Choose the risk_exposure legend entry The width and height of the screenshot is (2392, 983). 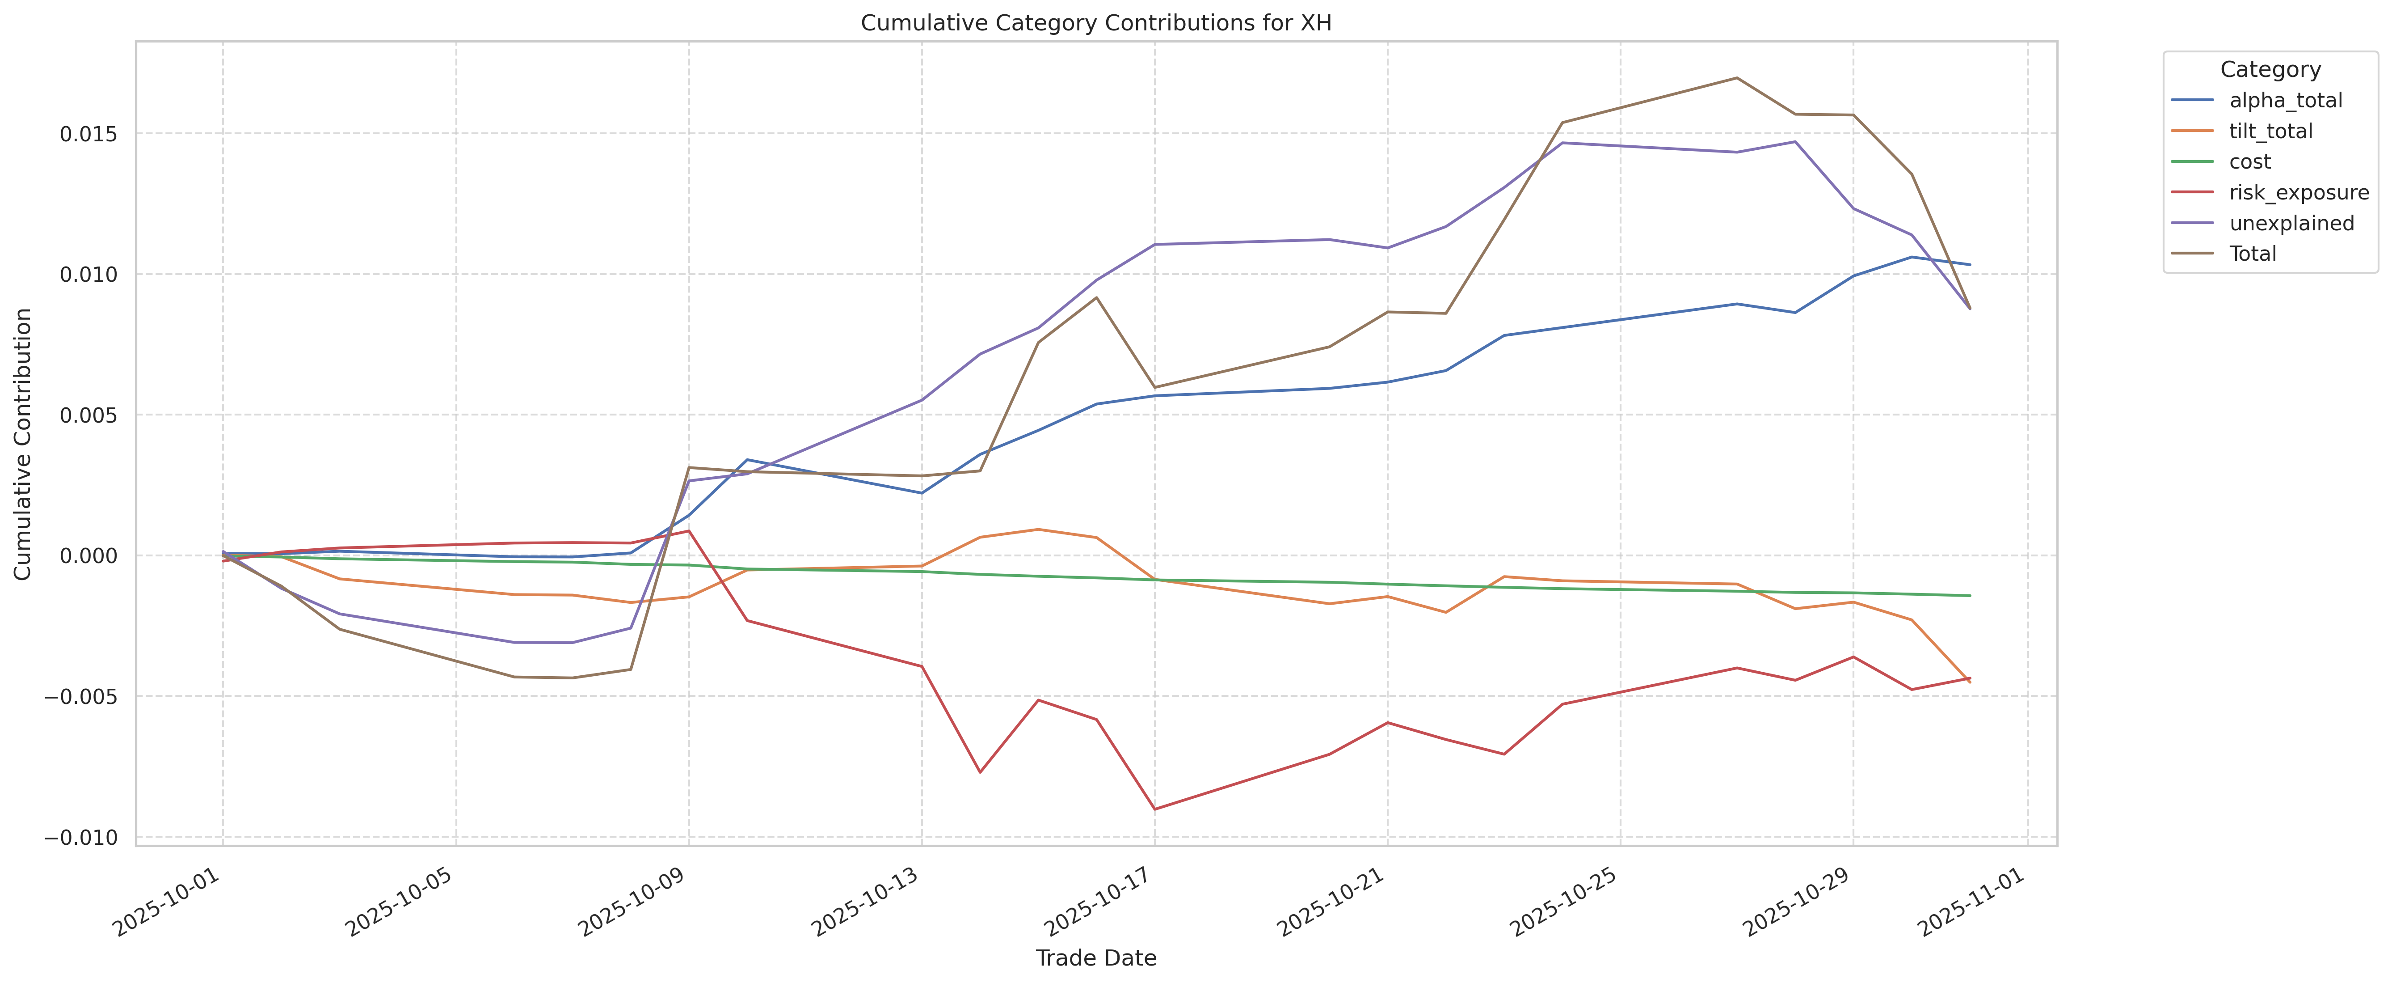[x=2298, y=192]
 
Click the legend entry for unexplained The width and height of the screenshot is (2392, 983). [x=2291, y=223]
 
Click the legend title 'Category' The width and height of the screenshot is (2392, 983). [x=2270, y=70]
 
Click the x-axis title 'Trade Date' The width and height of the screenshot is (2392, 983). [x=1096, y=958]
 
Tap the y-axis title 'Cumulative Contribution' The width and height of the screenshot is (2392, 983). [x=23, y=444]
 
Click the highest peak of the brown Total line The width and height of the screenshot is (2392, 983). [x=1736, y=78]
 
